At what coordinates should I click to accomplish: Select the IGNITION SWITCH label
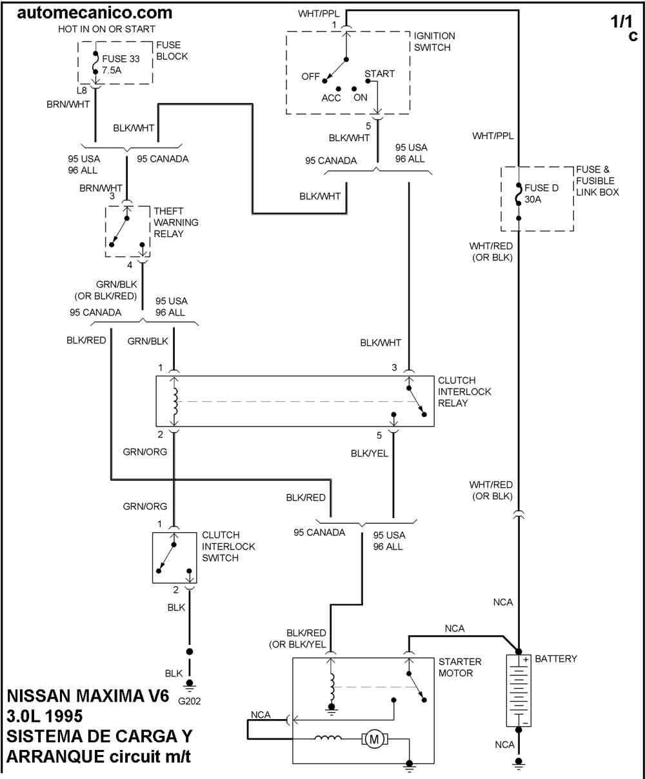click(434, 42)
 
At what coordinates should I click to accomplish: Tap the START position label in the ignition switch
click(379, 74)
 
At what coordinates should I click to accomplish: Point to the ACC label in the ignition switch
click(332, 98)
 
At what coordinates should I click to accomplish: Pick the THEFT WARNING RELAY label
click(176, 222)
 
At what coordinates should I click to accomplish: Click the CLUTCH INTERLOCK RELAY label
click(464, 392)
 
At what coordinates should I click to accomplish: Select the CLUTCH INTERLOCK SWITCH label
click(228, 546)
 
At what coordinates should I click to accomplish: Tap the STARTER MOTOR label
click(460, 668)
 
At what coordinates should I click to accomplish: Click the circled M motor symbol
click(373, 740)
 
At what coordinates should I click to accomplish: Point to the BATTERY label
click(556, 659)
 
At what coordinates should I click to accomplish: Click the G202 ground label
click(190, 702)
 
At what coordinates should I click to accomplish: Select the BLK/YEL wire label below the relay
click(370, 454)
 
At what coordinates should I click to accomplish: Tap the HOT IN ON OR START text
click(106, 29)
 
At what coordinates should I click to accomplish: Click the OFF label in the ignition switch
click(310, 77)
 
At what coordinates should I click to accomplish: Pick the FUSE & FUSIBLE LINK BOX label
click(597, 181)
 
